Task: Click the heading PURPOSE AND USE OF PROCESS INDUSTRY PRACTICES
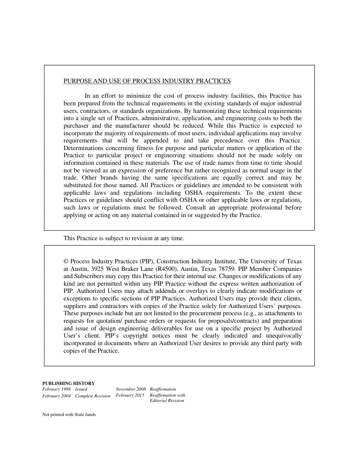coord(147,81)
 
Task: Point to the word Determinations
coord(82,148)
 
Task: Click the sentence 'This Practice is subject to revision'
coord(124,238)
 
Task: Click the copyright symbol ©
coord(66,261)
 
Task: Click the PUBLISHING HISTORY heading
coord(68,383)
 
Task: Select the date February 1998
coord(56,389)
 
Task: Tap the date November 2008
coord(131,389)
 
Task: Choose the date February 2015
coord(130,395)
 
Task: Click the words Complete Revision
coord(93,396)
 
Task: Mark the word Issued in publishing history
coord(81,389)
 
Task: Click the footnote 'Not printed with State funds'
coord(69,414)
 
